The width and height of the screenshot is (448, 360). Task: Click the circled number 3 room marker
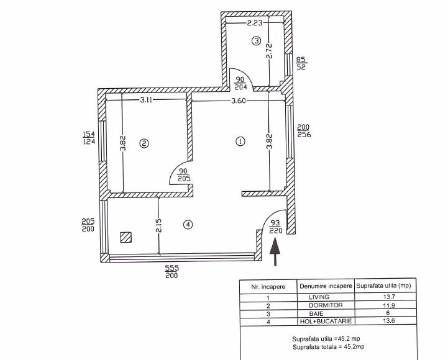pyautogui.click(x=256, y=41)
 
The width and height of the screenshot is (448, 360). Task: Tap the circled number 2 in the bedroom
pyautogui.click(x=144, y=143)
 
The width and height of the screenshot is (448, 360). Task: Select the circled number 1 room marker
pyautogui.click(x=240, y=142)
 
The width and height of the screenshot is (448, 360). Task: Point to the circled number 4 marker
pyautogui.click(x=188, y=225)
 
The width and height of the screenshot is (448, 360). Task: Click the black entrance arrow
pyautogui.click(x=275, y=253)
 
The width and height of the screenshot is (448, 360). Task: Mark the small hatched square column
pyautogui.click(x=126, y=237)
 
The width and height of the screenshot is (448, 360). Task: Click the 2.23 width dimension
pyautogui.click(x=255, y=23)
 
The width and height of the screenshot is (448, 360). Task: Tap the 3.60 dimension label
pyautogui.click(x=238, y=101)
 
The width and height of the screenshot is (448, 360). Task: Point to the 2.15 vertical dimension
pyautogui.click(x=159, y=225)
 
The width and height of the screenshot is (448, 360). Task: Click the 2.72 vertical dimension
pyautogui.click(x=269, y=51)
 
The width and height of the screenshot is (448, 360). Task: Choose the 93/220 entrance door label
pyautogui.click(x=275, y=227)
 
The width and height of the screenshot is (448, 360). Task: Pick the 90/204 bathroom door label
pyautogui.click(x=240, y=83)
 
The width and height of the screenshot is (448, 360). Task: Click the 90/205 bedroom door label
pyautogui.click(x=184, y=175)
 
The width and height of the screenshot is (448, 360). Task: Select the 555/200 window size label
pyautogui.click(x=172, y=272)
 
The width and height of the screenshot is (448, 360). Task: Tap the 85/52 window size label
pyautogui.click(x=301, y=63)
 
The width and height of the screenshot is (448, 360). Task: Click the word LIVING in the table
pyautogui.click(x=319, y=297)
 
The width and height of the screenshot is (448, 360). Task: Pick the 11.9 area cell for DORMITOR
pyautogui.click(x=389, y=305)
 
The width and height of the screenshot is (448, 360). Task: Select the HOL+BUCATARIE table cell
pyautogui.click(x=326, y=321)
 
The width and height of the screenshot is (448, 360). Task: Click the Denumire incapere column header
pyautogui.click(x=326, y=286)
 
